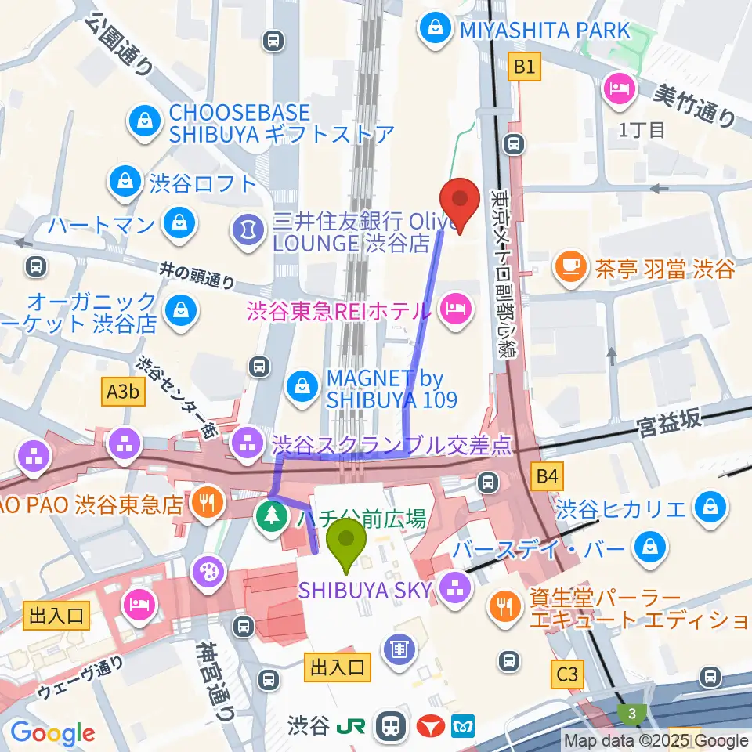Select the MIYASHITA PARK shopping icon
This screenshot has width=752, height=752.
(x=432, y=31)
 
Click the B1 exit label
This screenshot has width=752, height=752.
(x=524, y=68)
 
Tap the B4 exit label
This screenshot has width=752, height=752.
(x=548, y=475)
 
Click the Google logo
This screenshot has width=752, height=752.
(x=52, y=733)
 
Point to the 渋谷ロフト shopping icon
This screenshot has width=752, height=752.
(x=125, y=183)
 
